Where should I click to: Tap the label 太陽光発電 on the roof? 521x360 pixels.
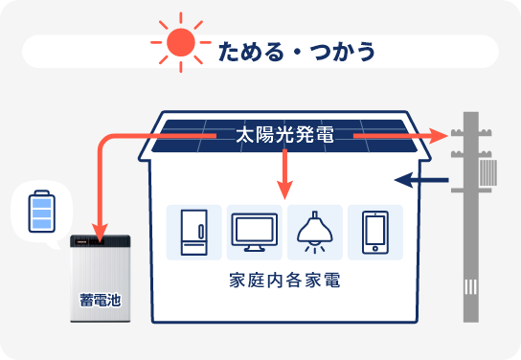pyautogui.click(x=285, y=136)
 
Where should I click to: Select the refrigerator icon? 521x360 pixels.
pyautogui.click(x=194, y=231)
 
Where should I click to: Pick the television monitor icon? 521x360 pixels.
pyautogui.click(x=256, y=232)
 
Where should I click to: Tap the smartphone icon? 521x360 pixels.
pyautogui.click(x=374, y=232)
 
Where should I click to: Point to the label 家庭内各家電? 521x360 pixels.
pyautogui.click(x=285, y=283)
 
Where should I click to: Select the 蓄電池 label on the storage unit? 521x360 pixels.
pyautogui.click(x=100, y=300)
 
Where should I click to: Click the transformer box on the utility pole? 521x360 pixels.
pyautogui.click(x=489, y=172)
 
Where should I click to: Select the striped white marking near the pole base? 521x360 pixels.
pyautogui.click(x=470, y=287)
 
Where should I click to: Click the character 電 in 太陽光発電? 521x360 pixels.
pyautogui.click(x=326, y=136)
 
